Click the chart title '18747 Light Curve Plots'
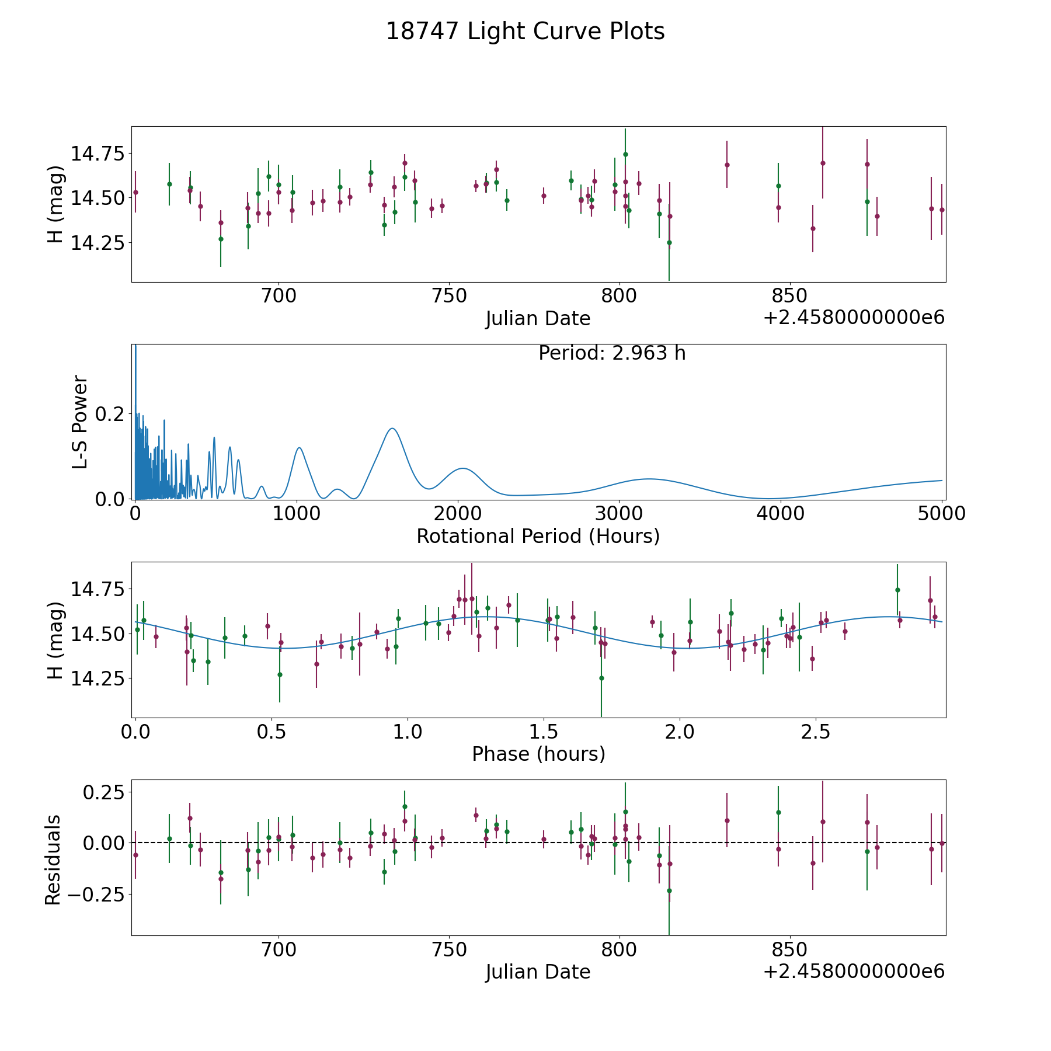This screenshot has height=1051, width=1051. point(525,32)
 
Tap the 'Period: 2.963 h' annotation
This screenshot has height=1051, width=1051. point(612,353)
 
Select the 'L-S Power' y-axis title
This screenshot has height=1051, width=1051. point(80,422)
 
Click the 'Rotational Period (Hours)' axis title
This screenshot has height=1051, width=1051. point(538,536)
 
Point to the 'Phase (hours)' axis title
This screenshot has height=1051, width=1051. point(538,754)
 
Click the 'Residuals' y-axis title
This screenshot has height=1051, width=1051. point(53,859)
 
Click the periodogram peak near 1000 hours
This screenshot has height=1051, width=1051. point(299,448)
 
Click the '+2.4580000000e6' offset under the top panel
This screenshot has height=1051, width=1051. point(854,318)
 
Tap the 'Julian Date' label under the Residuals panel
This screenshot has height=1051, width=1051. point(538,972)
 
